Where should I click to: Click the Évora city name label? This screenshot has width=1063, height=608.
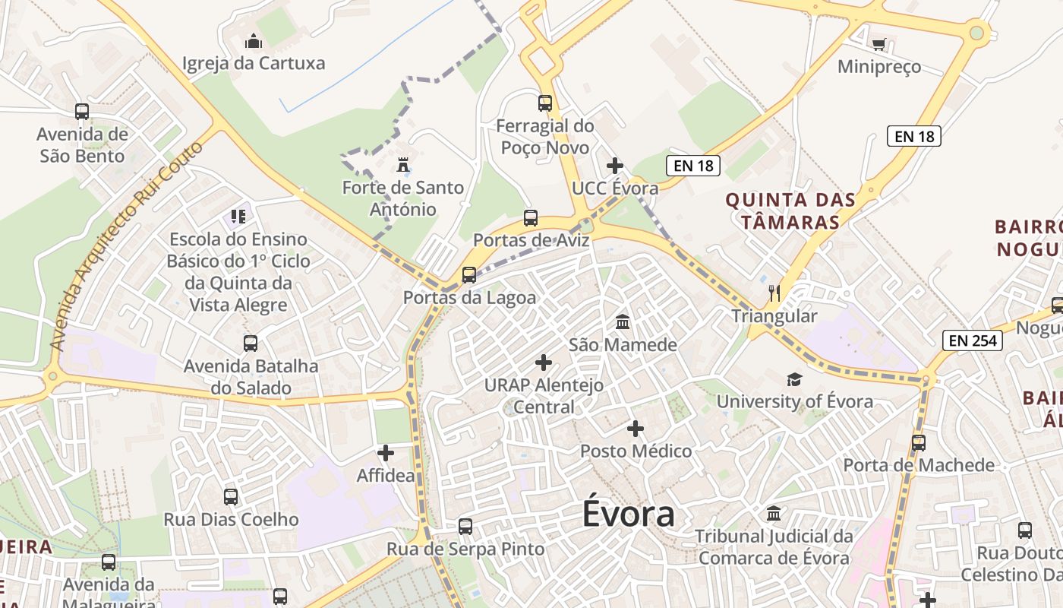(x=629, y=514)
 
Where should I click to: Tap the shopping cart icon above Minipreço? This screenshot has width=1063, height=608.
(x=878, y=44)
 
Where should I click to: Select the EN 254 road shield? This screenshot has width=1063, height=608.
(x=973, y=340)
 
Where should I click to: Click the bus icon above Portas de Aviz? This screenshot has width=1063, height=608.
(x=531, y=218)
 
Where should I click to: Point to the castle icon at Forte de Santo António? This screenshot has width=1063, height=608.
(x=402, y=164)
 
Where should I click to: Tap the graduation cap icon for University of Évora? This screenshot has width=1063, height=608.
(x=794, y=379)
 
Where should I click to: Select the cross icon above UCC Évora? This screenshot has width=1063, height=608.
(x=615, y=165)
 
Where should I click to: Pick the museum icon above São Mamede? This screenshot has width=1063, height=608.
(x=623, y=321)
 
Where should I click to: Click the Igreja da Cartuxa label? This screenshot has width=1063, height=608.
(x=254, y=63)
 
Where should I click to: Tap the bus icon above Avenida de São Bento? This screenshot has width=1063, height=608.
(x=82, y=112)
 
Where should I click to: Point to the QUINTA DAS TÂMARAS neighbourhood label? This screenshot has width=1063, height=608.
(x=790, y=211)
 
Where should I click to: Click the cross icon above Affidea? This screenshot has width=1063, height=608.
(x=386, y=453)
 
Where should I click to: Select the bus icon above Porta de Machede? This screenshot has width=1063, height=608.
(x=919, y=442)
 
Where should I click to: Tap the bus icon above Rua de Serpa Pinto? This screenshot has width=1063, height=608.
(x=465, y=526)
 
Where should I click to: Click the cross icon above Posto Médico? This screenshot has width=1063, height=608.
(x=636, y=429)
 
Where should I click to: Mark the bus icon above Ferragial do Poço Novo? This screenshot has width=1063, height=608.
(x=545, y=103)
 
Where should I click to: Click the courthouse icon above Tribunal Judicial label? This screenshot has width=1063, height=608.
(x=774, y=513)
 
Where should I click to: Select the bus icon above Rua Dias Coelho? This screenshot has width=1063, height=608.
(x=231, y=497)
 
